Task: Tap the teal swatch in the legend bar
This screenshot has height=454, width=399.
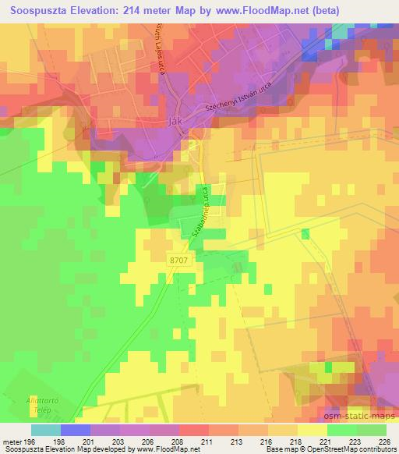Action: tap(46, 429)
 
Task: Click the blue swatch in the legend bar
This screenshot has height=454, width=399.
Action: tap(76, 429)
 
